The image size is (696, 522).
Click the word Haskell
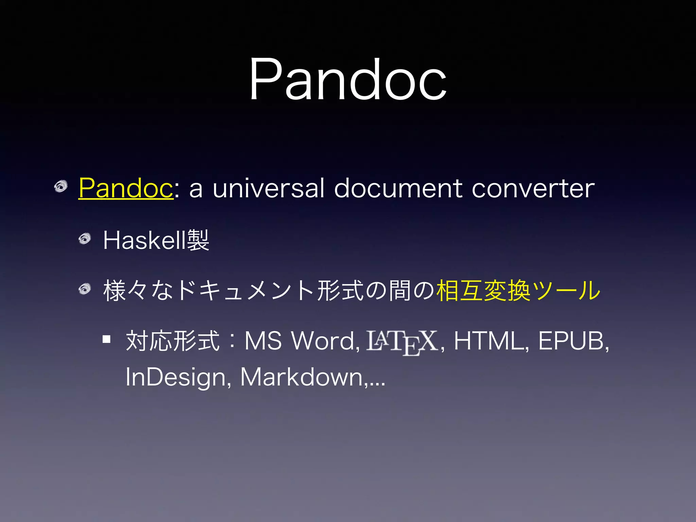click(145, 241)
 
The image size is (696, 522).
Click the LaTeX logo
click(402, 342)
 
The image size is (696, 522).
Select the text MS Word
click(302, 341)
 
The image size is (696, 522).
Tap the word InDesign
click(175, 377)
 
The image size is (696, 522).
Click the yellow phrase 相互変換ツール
click(518, 291)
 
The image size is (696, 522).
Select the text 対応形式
click(173, 341)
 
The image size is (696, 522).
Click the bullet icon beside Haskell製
click(85, 239)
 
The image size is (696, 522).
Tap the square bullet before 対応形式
click(107, 339)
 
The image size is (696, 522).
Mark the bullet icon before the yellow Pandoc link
click(61, 187)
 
